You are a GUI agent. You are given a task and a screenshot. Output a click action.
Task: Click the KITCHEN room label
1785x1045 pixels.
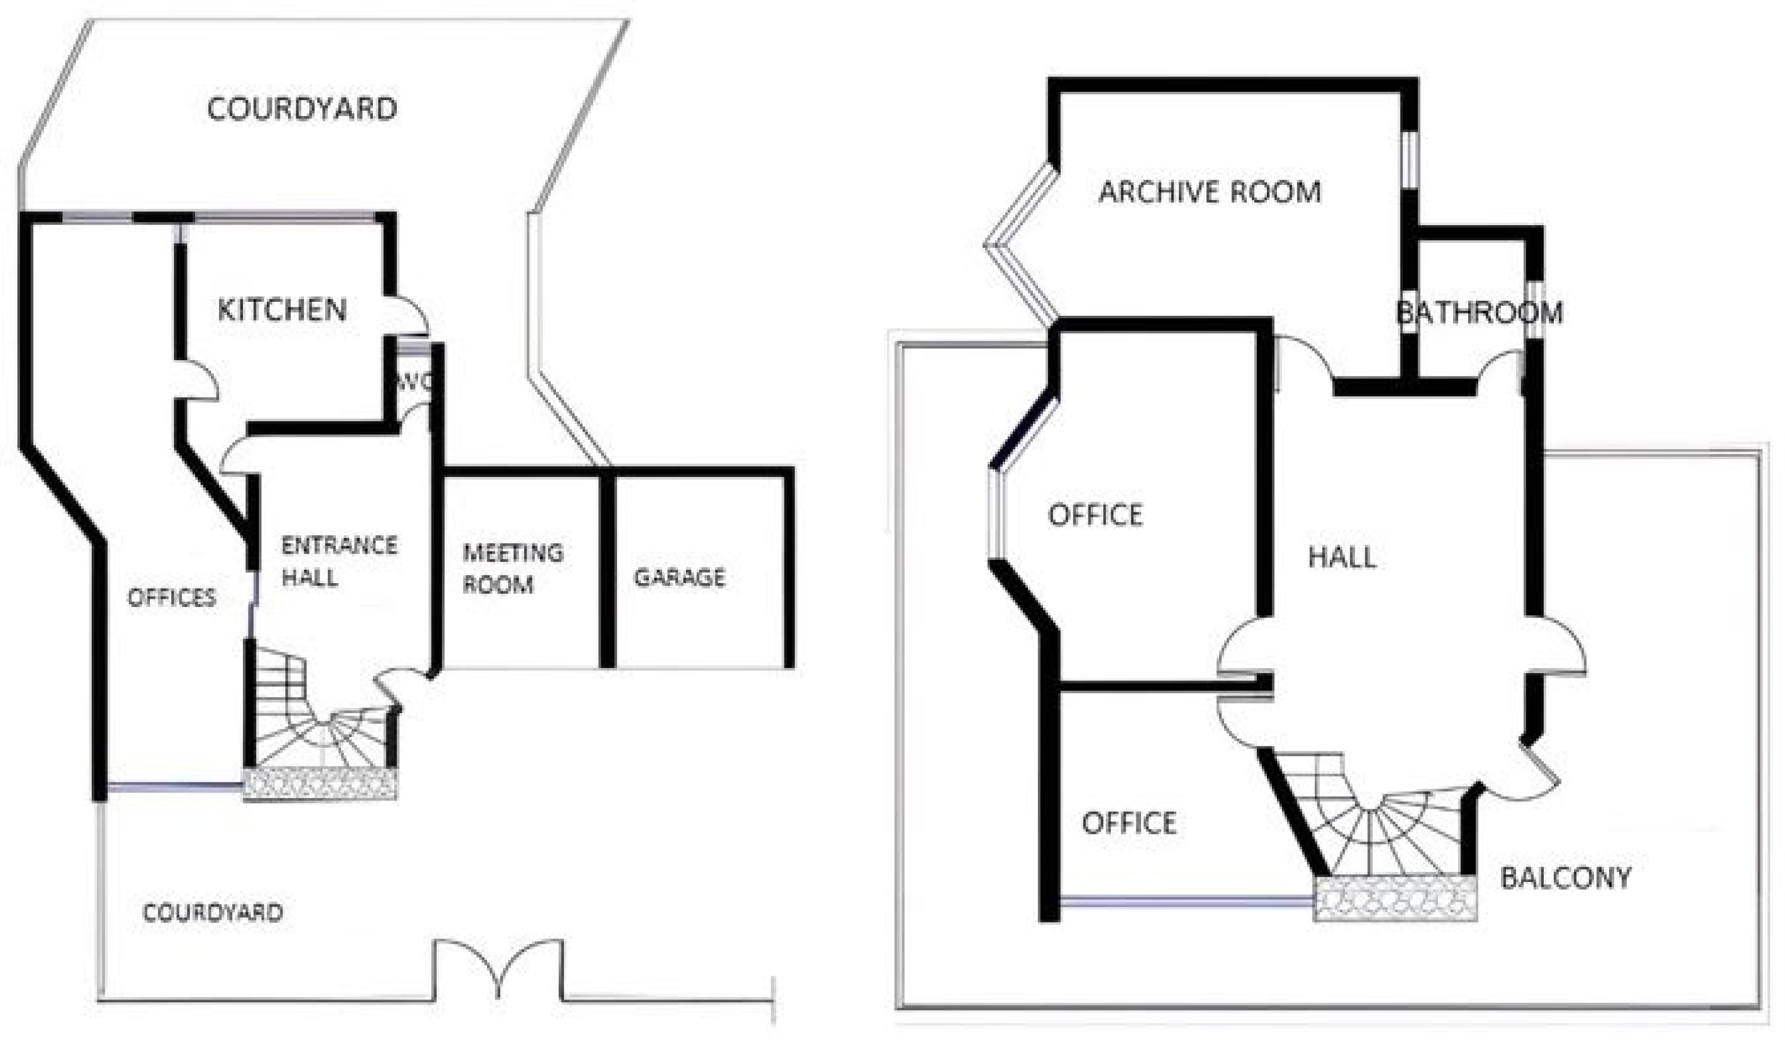(282, 310)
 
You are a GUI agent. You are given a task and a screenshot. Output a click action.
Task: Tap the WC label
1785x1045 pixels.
(414, 382)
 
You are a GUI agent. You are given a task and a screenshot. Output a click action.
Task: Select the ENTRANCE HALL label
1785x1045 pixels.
(339, 561)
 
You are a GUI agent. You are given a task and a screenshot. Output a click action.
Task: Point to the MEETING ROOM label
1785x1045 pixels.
(513, 568)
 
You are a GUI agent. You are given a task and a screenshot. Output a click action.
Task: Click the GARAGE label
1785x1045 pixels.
(679, 578)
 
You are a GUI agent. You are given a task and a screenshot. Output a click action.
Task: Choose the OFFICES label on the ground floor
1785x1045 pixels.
(171, 597)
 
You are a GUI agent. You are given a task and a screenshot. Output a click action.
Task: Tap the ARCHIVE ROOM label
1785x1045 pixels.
(1210, 192)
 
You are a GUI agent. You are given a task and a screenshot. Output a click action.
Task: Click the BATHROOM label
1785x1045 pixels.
(1479, 312)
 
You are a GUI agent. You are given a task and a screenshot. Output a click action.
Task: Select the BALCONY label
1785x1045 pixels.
(1565, 878)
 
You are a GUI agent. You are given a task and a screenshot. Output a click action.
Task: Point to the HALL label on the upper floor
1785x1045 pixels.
(1343, 557)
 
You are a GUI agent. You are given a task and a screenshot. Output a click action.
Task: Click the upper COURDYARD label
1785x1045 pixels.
(302, 109)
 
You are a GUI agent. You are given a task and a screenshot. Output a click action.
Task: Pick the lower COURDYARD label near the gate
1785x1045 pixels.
(212, 912)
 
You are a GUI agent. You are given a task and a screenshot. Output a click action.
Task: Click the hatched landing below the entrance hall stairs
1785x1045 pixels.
(320, 784)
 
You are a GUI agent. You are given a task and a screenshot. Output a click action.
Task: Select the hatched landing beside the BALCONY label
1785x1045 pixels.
(1395, 898)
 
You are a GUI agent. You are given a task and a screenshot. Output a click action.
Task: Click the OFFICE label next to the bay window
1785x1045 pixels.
(1095, 515)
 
